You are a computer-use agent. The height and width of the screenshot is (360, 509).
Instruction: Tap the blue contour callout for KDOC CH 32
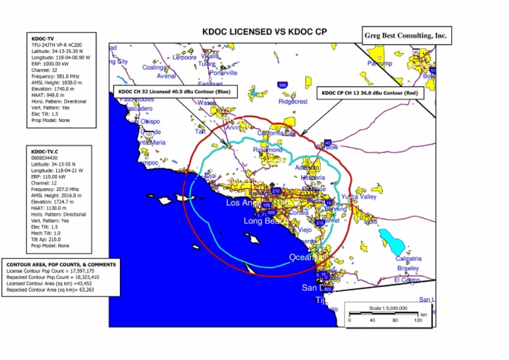click(173, 91)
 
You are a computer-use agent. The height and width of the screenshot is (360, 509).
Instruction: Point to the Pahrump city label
click(380, 64)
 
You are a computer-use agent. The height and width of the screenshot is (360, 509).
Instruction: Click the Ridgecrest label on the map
click(293, 102)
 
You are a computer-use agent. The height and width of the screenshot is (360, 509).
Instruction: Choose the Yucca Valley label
click(358, 197)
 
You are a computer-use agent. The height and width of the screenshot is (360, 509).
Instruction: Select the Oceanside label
click(308, 257)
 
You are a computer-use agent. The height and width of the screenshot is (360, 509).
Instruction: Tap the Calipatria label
click(408, 259)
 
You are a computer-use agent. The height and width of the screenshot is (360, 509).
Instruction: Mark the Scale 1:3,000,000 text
click(387, 309)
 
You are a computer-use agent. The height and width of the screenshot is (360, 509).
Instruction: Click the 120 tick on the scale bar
click(418, 320)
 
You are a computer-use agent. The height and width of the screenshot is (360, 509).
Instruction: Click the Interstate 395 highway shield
click(282, 86)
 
